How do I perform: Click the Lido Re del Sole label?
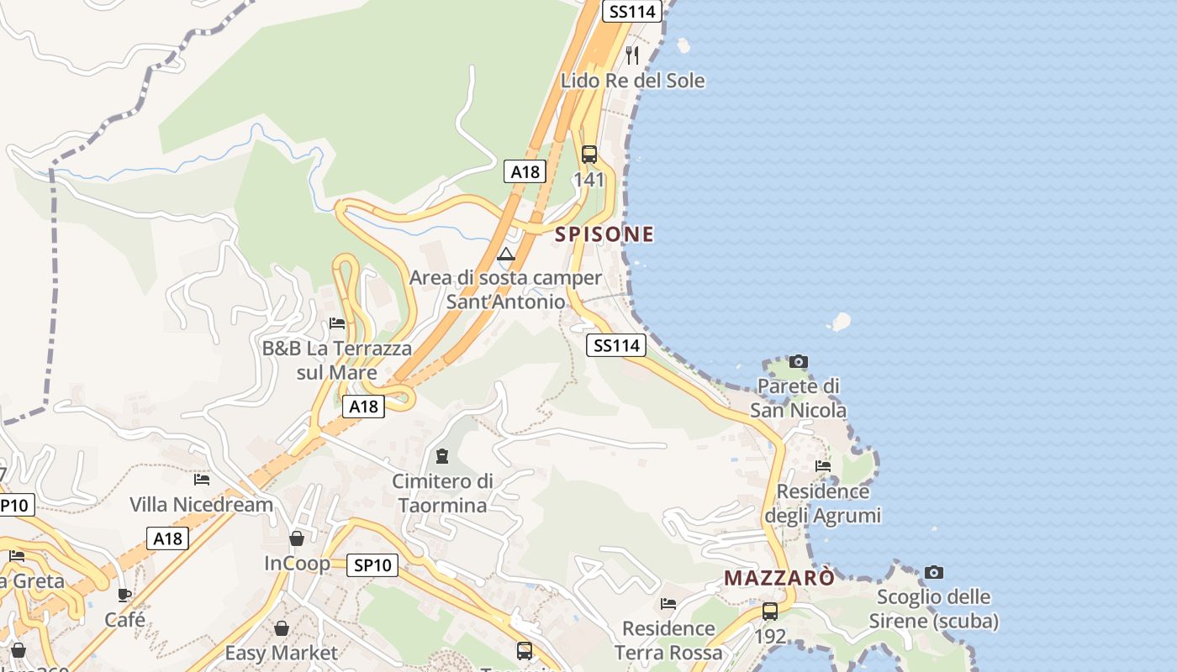tap(633, 81)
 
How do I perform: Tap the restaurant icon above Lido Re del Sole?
tap(632, 55)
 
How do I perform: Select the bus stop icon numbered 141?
tap(588, 155)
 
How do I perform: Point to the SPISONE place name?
tap(604, 234)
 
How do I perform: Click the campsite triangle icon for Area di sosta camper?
tap(505, 255)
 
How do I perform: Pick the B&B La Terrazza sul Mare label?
tap(337, 360)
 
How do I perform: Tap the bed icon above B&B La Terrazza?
tap(337, 323)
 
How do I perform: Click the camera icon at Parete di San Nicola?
tap(799, 362)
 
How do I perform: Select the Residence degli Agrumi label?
tap(823, 502)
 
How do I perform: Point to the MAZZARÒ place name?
tap(779, 578)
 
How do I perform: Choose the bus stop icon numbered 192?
tap(770, 612)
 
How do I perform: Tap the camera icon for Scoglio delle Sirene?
tap(934, 573)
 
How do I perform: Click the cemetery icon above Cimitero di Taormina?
tap(442, 457)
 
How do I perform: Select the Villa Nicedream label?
tap(202, 504)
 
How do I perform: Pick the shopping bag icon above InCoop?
tap(297, 538)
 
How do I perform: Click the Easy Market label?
tap(281, 653)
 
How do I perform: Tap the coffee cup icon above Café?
tap(124, 596)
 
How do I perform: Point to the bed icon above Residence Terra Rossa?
tap(668, 604)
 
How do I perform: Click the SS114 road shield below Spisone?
tap(617, 345)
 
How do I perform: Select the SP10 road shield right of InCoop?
tap(372, 565)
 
